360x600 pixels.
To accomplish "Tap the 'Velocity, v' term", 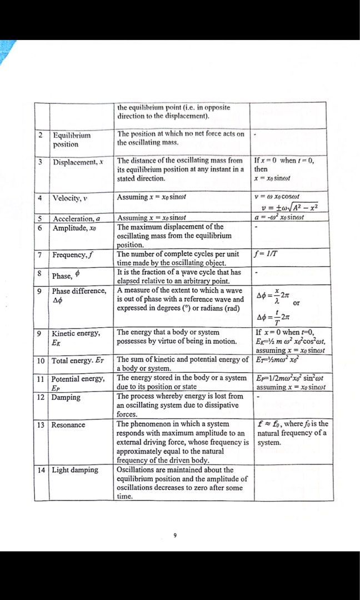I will tap(71, 198).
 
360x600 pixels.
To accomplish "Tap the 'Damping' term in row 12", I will tap(66, 397).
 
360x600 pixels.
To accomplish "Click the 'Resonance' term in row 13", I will tap(68, 425).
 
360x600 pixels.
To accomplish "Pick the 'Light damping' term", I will tap(75, 470).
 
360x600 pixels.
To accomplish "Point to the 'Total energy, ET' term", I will tap(78, 361).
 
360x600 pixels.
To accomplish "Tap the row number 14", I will tap(41, 470).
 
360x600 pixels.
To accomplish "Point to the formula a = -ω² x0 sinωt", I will tap(284, 218).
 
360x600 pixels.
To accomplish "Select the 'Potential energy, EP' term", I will tap(78, 383).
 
